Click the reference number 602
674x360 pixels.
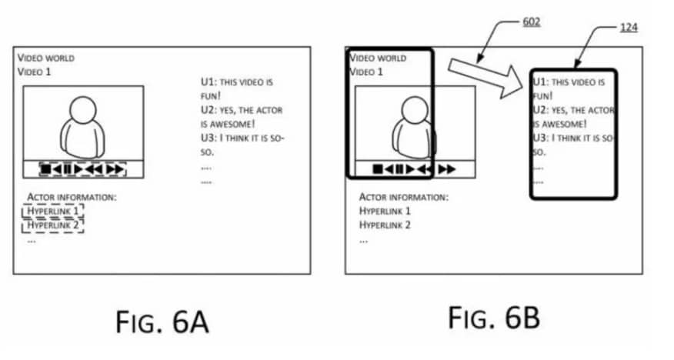pos(532,22)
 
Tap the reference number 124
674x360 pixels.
pos(629,27)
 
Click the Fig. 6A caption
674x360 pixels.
pos(162,322)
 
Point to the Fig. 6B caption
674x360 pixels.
pos(494,318)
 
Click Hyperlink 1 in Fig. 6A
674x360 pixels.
pos(53,211)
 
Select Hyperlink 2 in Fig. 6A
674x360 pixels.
pos(53,225)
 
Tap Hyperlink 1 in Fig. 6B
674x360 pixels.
pos(385,211)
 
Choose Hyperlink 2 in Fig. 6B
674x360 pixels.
pos(385,225)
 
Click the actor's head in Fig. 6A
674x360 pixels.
pos(83,109)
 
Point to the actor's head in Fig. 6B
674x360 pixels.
pos(415,109)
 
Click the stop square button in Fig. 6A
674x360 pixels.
pos(45,169)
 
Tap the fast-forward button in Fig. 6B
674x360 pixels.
pos(446,169)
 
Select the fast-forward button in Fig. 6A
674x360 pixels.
pos(115,169)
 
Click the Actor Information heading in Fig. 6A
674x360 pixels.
pos(72,197)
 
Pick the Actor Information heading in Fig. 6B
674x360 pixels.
pos(404,197)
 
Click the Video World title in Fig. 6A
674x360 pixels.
pos(46,58)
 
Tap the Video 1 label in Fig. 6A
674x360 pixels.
pos(35,72)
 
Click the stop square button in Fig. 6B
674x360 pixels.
pos(378,169)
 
